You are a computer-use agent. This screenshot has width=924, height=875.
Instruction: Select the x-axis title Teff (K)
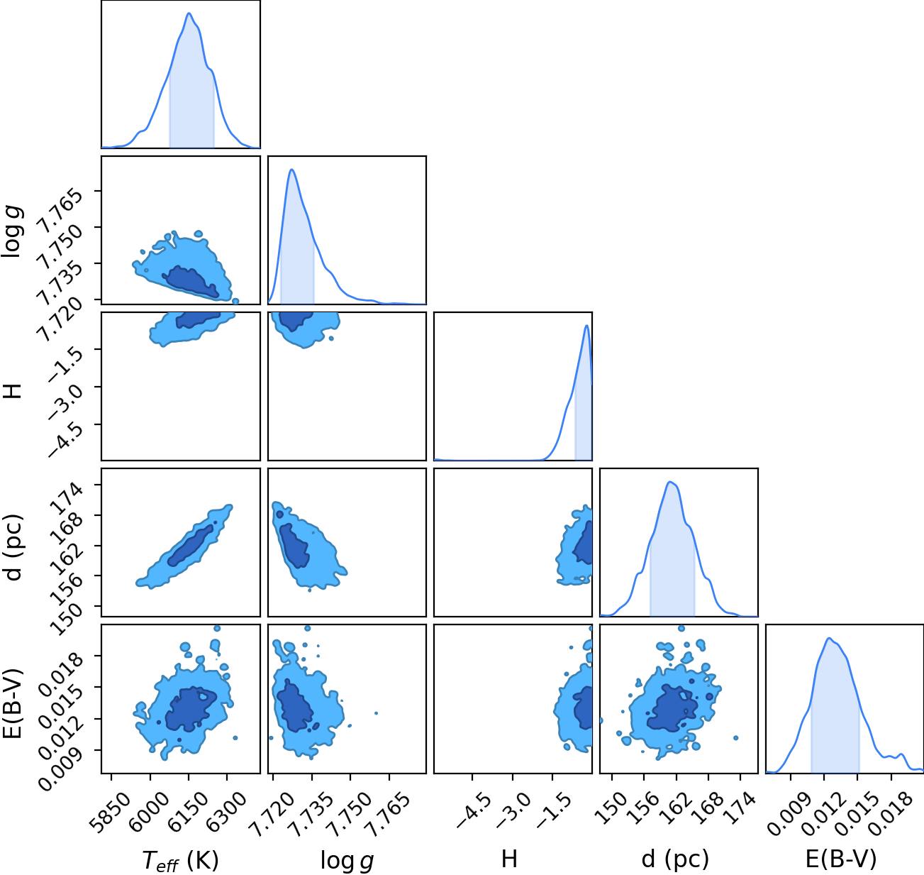[x=181, y=860]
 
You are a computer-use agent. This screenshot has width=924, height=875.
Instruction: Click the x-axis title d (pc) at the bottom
[x=675, y=859]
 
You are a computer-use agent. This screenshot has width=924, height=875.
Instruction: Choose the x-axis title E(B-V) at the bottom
[x=841, y=859]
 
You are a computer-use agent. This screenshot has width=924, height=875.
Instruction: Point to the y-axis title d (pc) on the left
[x=13, y=548]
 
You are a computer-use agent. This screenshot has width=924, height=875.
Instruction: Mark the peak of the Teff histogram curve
[x=189, y=13]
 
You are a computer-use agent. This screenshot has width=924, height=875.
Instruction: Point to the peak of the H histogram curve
[x=586, y=326]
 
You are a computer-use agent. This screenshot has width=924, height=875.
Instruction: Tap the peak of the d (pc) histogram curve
[x=671, y=482]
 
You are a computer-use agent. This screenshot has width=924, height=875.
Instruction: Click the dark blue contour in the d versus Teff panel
[x=190, y=546]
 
